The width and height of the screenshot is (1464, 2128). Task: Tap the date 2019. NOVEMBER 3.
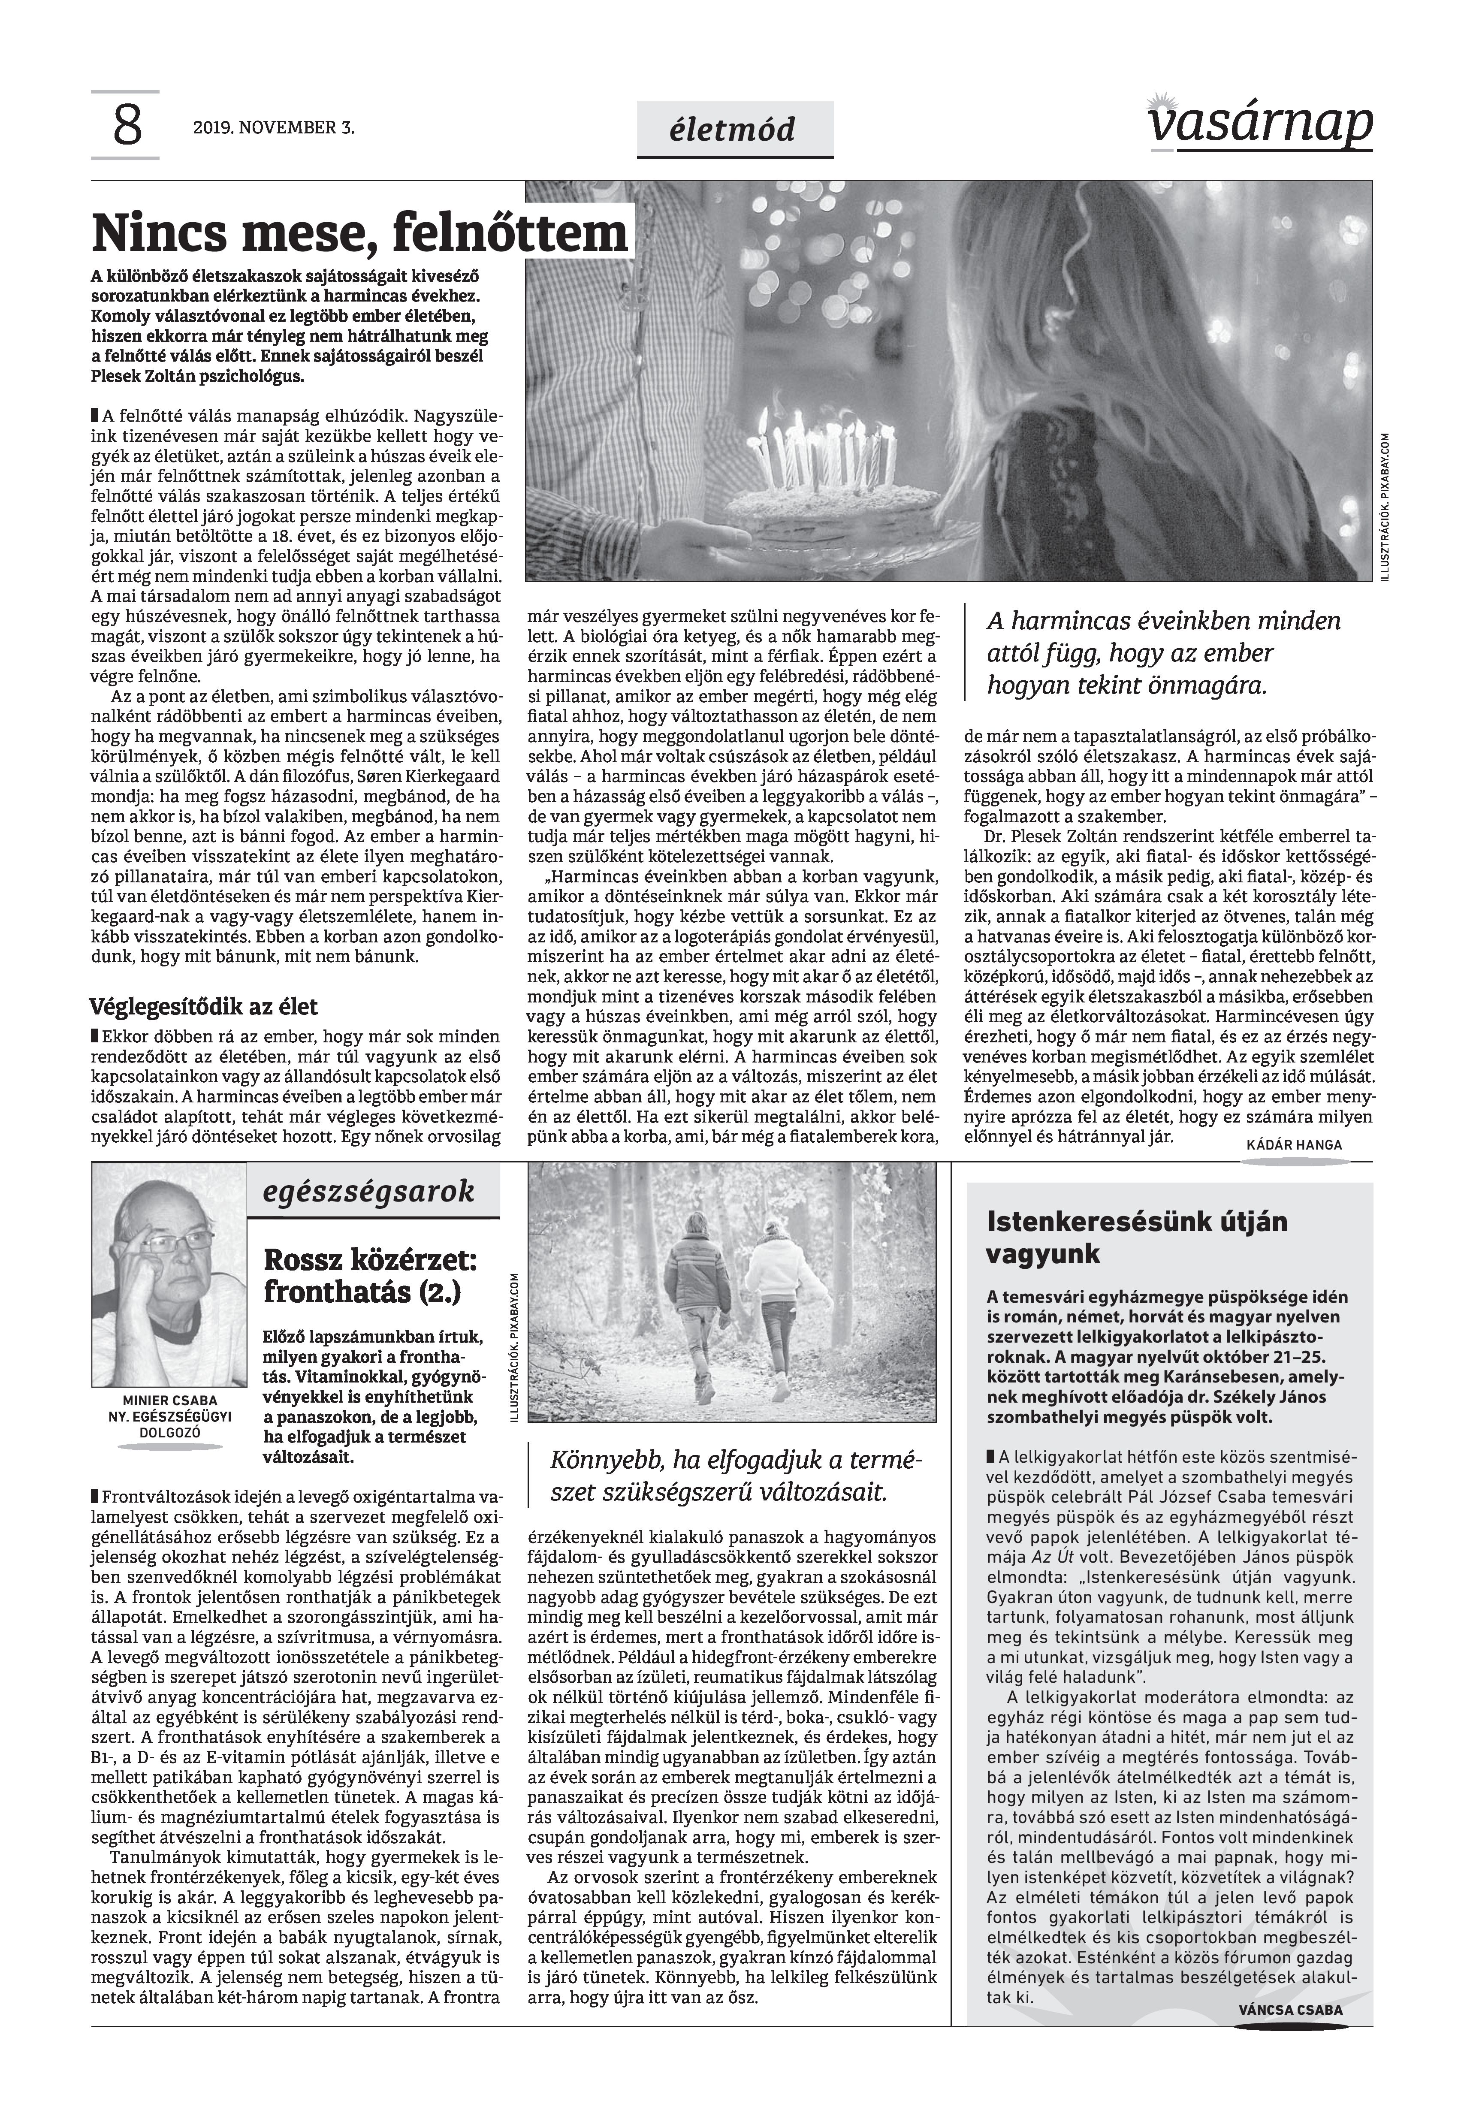(273, 127)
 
